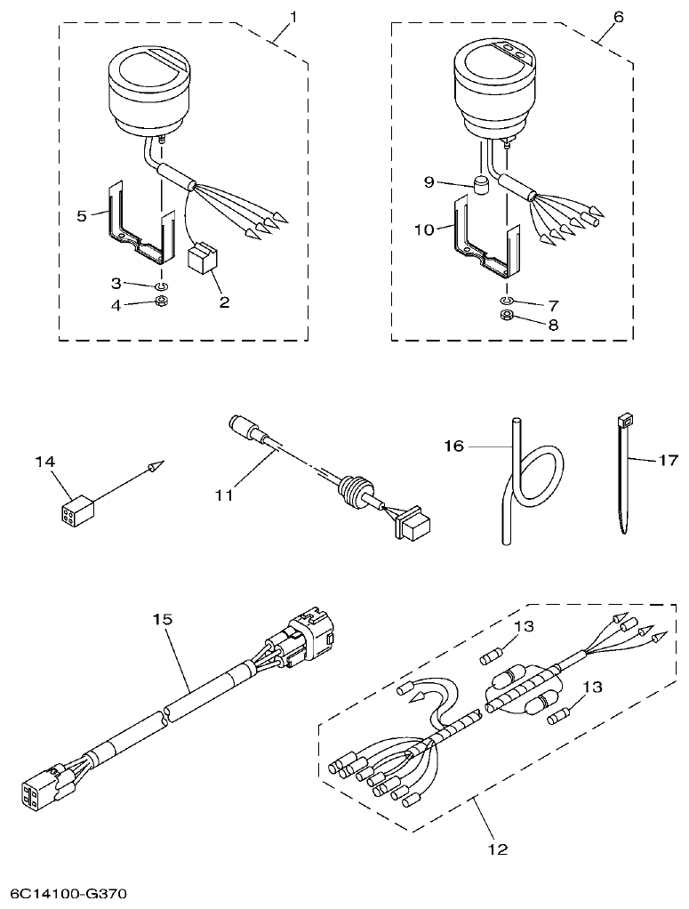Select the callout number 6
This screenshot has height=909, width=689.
pos(619,16)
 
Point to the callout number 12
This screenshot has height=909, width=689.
pos(498,850)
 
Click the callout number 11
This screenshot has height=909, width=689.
pos(224,495)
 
